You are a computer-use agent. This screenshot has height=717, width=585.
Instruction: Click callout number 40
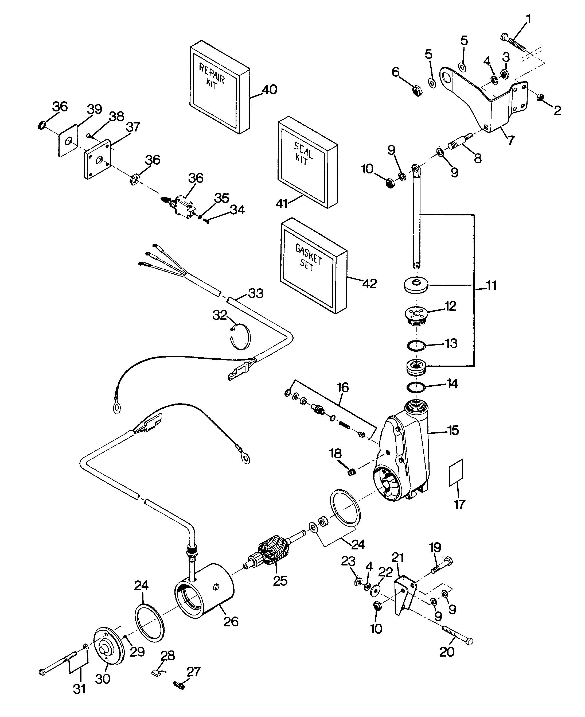click(270, 90)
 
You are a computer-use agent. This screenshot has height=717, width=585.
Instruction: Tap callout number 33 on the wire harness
click(255, 294)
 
